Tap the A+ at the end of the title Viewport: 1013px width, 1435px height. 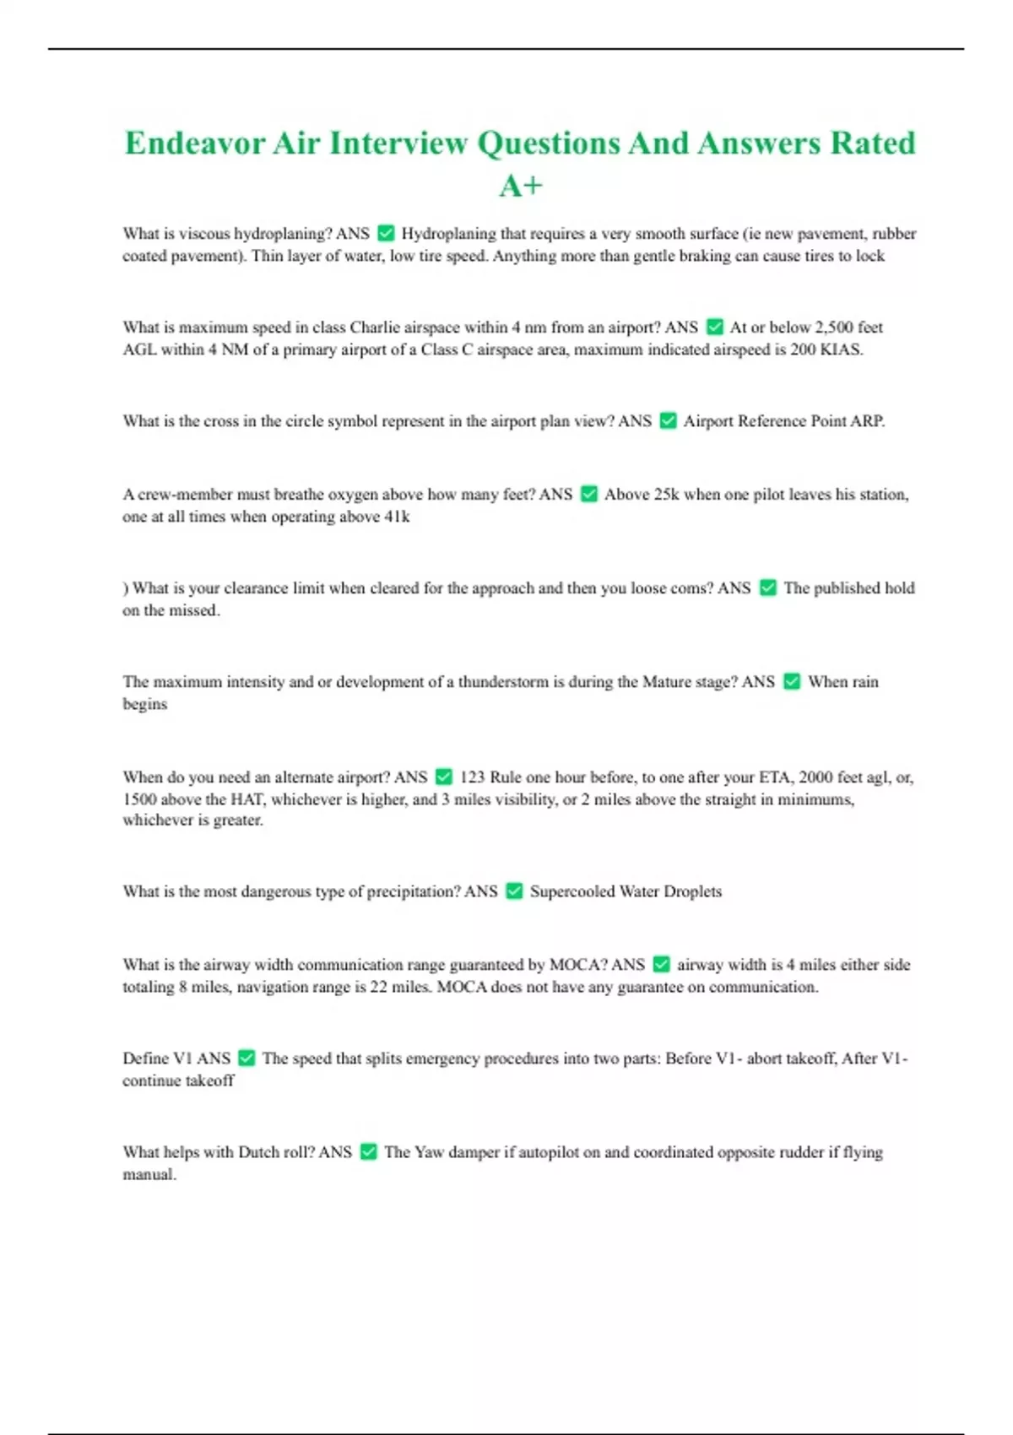[x=520, y=186]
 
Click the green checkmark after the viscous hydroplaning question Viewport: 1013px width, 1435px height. [x=386, y=233]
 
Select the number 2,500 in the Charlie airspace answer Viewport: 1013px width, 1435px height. [x=834, y=327]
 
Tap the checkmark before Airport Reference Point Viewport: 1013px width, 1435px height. [x=668, y=420]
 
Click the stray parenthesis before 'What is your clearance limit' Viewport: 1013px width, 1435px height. [x=126, y=588]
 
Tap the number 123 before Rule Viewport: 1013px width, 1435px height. [x=472, y=777]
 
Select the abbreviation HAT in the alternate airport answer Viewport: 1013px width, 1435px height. [x=247, y=799]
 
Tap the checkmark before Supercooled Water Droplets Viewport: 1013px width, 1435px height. [x=514, y=891]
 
